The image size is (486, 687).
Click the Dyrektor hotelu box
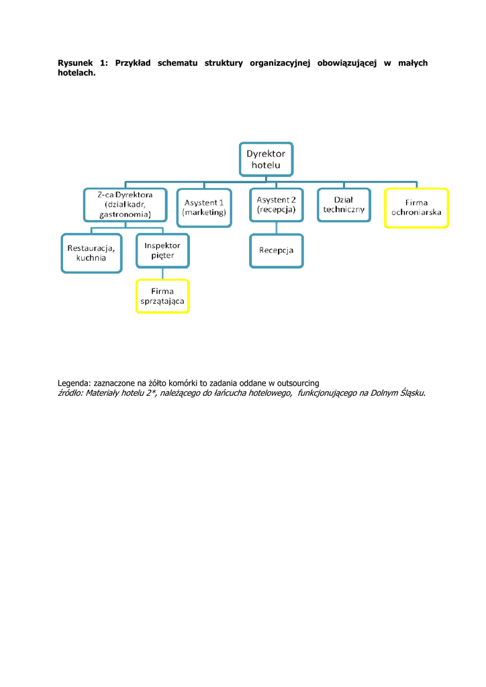pos(266,159)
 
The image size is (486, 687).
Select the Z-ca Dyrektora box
pos(124,205)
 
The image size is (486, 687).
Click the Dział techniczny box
pos(344,205)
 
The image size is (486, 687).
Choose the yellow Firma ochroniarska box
pos(416,208)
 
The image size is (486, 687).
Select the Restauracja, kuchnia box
pos(91,252)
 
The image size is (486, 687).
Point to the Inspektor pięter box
pos(162,250)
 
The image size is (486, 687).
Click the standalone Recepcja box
pos(276,250)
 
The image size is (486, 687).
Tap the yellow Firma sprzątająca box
pos(162,296)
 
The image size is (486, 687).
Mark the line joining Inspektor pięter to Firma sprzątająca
pos(162,274)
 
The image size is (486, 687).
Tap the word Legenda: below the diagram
pos(73,383)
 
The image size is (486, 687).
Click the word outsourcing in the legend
pos(297,383)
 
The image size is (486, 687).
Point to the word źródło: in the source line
pos(72,392)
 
